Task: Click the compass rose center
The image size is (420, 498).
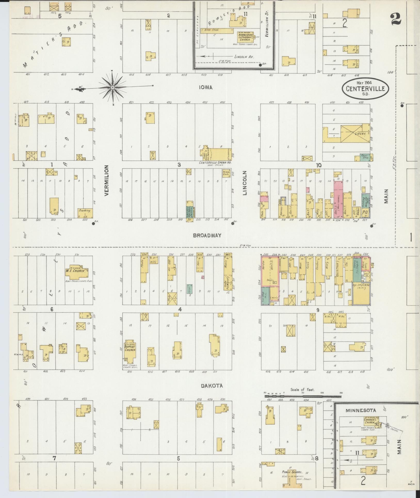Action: tap(112, 88)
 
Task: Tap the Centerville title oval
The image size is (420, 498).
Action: tap(366, 89)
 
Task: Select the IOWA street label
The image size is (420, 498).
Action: tap(206, 88)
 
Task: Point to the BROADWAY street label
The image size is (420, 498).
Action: tap(207, 235)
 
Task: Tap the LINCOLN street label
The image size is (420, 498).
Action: tap(245, 183)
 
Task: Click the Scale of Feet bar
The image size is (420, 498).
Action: tap(303, 403)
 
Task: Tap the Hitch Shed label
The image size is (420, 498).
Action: tap(211, 30)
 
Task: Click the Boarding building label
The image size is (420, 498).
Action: tap(85, 211)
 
